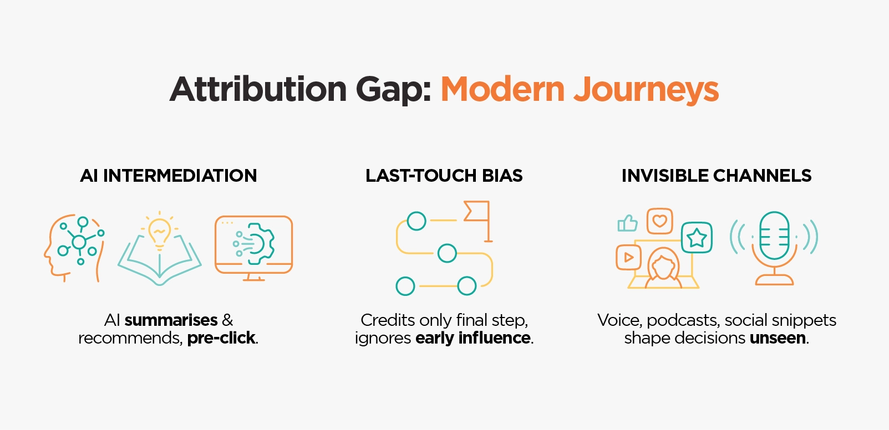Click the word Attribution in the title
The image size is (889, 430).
(x=258, y=89)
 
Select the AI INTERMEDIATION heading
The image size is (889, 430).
(x=169, y=176)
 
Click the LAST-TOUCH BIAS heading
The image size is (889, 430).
(x=444, y=176)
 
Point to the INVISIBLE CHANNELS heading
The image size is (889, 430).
(x=716, y=176)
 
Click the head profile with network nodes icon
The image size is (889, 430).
(x=74, y=247)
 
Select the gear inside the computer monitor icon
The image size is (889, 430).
(x=260, y=243)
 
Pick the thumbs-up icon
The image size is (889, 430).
(x=627, y=223)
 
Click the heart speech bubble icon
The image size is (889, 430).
(x=659, y=221)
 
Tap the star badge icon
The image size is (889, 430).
(x=697, y=238)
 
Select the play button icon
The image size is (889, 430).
(x=628, y=257)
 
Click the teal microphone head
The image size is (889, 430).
(x=774, y=236)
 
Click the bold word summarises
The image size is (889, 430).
(x=171, y=320)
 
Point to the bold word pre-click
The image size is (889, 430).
(x=222, y=338)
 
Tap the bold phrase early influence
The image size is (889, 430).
(x=473, y=338)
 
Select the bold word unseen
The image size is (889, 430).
(x=778, y=338)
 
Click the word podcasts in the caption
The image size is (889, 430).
(x=683, y=320)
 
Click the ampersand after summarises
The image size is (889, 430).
(x=227, y=320)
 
